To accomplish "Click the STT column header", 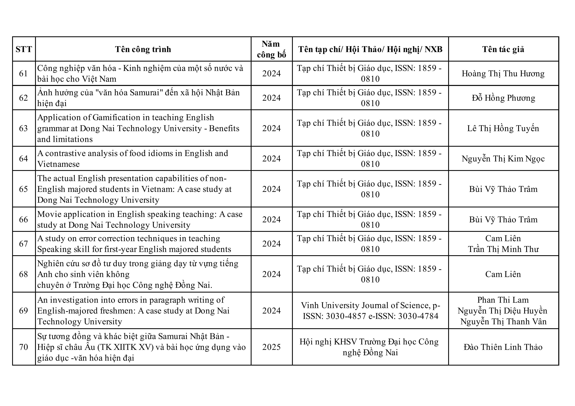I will [x=24, y=49].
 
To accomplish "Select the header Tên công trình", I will [x=143, y=49].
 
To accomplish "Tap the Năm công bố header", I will [x=272, y=49].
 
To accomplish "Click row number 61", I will [x=24, y=74].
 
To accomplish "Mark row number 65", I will [x=24, y=189].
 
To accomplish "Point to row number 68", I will [x=24, y=274].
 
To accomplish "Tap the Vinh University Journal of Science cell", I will [x=370, y=311].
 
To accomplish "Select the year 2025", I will [x=272, y=347].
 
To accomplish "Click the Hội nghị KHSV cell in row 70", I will [x=370, y=347].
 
